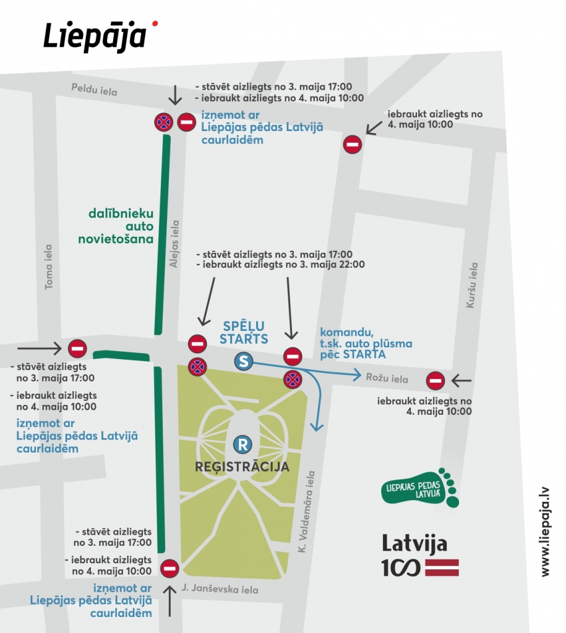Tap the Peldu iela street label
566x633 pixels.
[x=93, y=91]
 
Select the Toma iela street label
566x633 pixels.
[x=48, y=266]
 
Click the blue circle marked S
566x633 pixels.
[x=244, y=362]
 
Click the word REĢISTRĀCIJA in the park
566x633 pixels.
[x=242, y=466]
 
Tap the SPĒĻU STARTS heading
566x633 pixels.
[x=244, y=332]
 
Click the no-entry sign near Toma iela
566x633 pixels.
[x=77, y=349]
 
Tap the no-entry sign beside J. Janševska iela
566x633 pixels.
[x=169, y=568]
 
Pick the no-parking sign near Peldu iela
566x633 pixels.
[x=163, y=122]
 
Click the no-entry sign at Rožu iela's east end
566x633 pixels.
[x=435, y=380]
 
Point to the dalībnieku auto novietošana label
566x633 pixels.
[x=120, y=226]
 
